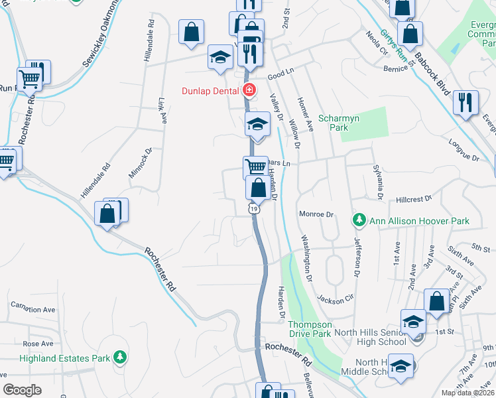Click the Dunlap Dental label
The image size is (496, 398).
(212, 90)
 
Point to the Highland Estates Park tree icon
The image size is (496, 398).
(119, 358)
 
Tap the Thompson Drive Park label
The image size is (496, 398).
(310, 329)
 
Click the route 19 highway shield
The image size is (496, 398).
(253, 208)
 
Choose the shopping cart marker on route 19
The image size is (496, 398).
(256, 166)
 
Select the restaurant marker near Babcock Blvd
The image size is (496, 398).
(464, 101)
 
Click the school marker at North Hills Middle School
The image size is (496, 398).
(401, 365)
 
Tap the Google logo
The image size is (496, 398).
(22, 390)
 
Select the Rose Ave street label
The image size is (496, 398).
(38, 344)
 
